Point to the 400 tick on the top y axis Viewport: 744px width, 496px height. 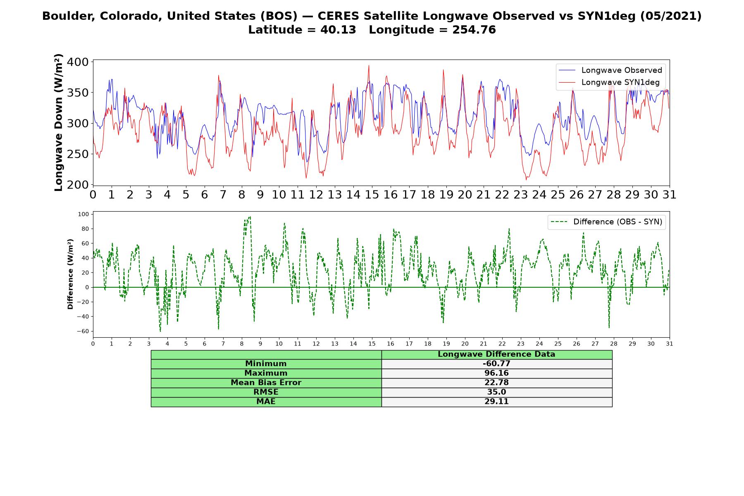79,62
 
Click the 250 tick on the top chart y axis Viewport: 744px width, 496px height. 79,154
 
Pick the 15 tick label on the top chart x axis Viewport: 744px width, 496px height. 372,195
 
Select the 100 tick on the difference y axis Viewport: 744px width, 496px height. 83,214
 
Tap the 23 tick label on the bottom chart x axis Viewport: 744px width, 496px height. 521,343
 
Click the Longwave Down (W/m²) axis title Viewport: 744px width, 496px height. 58,122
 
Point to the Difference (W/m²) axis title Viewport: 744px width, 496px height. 70,274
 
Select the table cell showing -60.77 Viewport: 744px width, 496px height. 496,364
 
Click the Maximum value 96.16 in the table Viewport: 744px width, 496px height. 496,373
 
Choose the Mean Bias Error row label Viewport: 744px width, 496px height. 266,383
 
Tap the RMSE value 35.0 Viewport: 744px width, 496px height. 496,392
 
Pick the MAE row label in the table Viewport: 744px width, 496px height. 266,402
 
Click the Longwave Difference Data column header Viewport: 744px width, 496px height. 496,354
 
